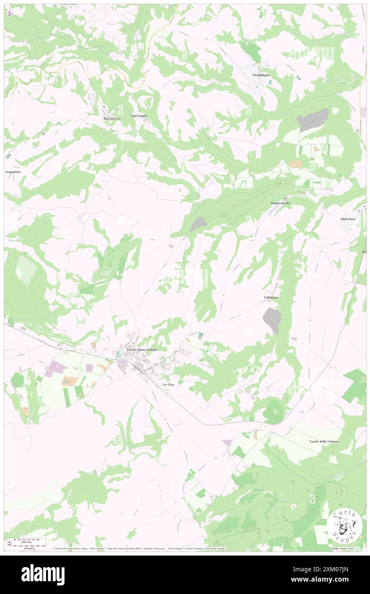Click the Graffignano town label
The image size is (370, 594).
click(x=261, y=75)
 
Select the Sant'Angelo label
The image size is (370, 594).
click(x=139, y=116)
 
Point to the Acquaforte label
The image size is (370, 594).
click(x=13, y=172)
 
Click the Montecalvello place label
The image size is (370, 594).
click(x=280, y=203)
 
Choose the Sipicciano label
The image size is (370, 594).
click(x=349, y=219)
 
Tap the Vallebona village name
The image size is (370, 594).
click(x=271, y=297)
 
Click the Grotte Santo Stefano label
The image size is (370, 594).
click(x=142, y=350)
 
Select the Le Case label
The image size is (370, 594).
click(x=168, y=385)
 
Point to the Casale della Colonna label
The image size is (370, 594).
click(x=324, y=441)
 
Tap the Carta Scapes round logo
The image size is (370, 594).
click(x=344, y=525)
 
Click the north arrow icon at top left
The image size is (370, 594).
click(x=9, y=13)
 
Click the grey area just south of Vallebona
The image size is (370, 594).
click(x=272, y=320)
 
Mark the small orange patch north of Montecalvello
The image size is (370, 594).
click(x=295, y=164)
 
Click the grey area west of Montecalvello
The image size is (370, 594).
click(x=198, y=223)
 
